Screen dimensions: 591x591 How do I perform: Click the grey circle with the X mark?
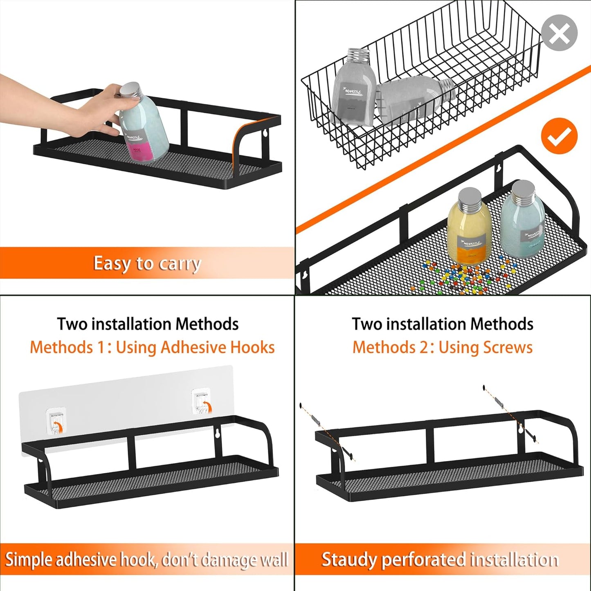click(559, 33)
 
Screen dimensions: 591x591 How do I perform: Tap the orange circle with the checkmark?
click(559, 136)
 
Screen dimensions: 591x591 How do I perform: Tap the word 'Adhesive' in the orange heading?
click(193, 347)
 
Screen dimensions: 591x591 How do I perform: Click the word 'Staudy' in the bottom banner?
click(348, 560)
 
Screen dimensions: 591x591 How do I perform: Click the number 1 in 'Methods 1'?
click(101, 347)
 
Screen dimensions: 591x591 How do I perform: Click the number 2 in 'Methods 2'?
click(424, 347)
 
